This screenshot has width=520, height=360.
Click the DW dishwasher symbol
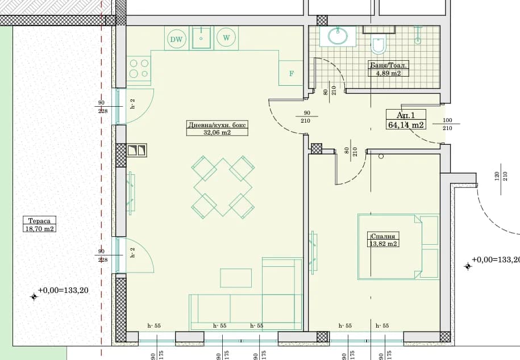coord(176,39)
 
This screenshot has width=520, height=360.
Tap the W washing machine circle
coord(226,37)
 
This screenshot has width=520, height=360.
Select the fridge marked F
coord(291,73)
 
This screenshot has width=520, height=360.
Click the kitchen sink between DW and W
coord(201,38)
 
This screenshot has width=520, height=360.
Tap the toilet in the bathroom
coord(378,44)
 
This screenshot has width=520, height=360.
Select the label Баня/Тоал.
coord(388,65)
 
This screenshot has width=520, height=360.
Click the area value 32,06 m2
coord(217,132)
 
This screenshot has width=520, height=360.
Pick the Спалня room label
coord(382,236)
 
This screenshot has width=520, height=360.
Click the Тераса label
coord(39,221)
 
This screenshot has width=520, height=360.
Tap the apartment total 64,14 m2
coord(406,125)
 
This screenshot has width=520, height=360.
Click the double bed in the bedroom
coord(398,247)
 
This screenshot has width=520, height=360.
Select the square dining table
coord(223,187)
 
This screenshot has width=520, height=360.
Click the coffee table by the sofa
coord(236,278)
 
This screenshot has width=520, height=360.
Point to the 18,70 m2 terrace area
coord(39,229)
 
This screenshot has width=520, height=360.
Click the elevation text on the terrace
coord(63,290)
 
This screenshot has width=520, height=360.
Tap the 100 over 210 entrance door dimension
coord(447,124)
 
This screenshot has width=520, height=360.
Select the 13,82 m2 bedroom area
coord(383,244)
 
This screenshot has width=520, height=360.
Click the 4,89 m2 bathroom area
coord(388,73)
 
